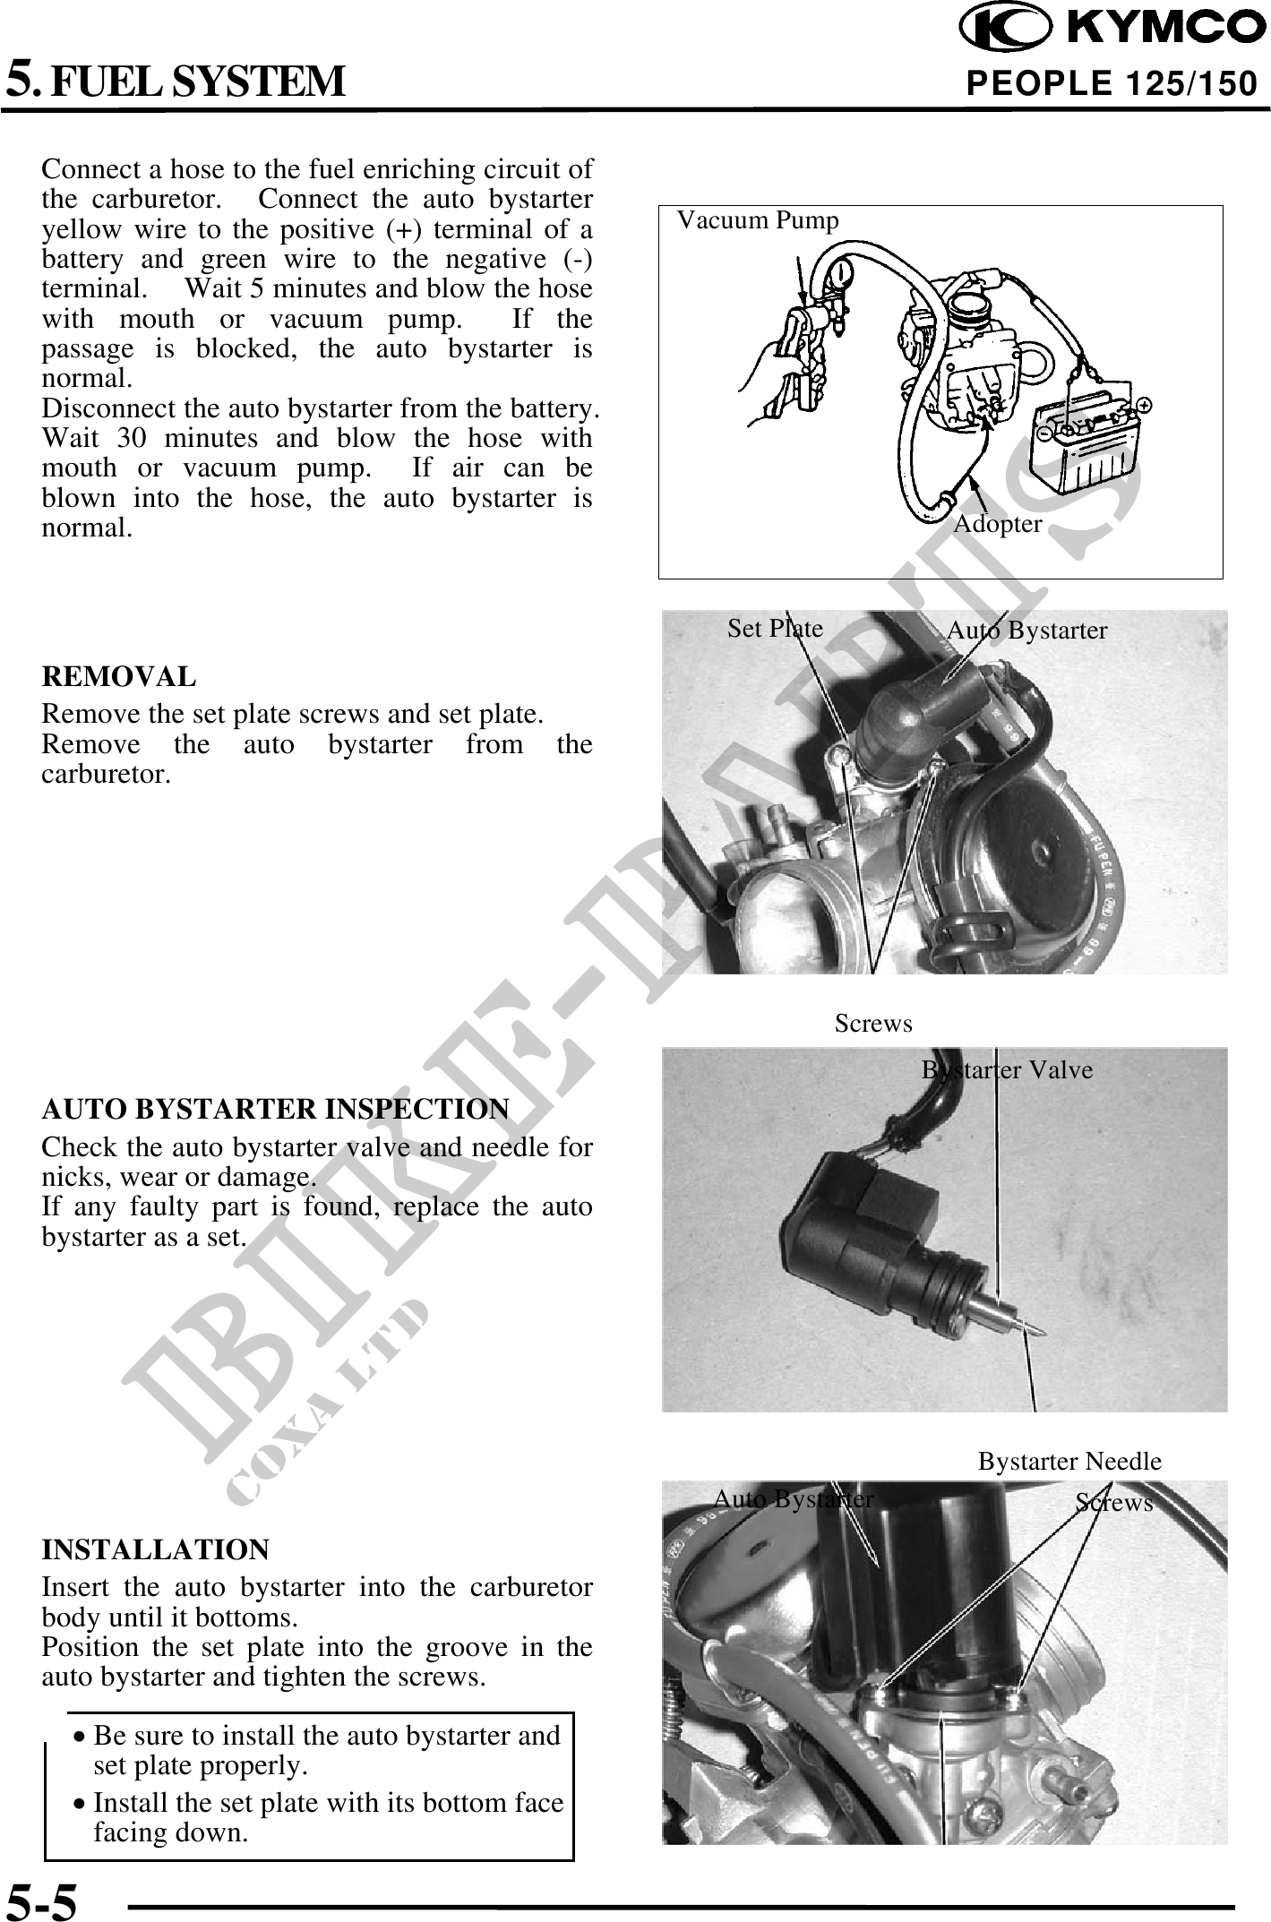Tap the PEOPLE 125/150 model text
(x=1112, y=84)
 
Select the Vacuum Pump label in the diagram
(x=758, y=220)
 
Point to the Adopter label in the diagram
(x=997, y=524)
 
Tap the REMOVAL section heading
(x=118, y=677)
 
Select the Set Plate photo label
(x=775, y=629)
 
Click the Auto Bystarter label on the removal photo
(x=1026, y=631)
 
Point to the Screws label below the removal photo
(x=873, y=1023)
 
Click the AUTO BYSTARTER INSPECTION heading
(x=275, y=1109)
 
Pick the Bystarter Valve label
(x=1007, y=1070)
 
